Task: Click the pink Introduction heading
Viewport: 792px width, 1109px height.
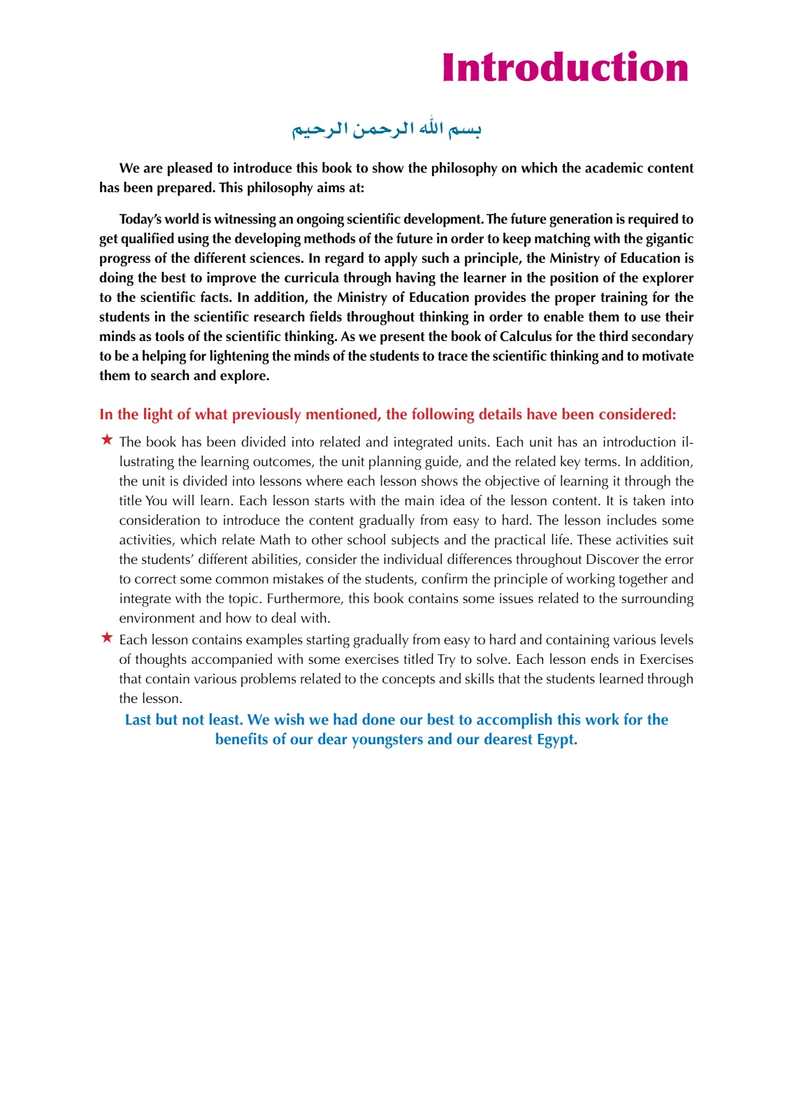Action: (x=565, y=68)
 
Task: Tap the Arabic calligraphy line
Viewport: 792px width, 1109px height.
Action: (x=387, y=129)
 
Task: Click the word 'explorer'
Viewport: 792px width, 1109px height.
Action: (x=666, y=278)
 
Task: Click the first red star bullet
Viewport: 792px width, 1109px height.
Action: (x=107, y=440)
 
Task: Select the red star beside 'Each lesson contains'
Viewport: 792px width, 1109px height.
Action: (x=107, y=637)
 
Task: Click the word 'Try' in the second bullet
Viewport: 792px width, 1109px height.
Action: (x=446, y=660)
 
